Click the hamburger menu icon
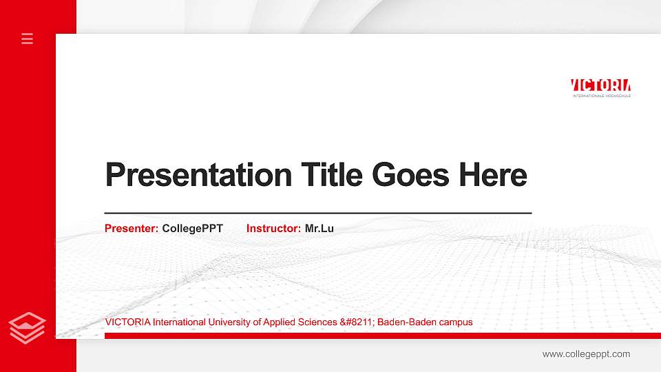[x=28, y=39]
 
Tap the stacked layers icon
[x=28, y=327]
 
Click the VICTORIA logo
[x=600, y=85]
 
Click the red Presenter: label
[x=132, y=228]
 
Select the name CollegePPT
[x=193, y=228]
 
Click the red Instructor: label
[x=273, y=228]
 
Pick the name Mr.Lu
[x=319, y=228]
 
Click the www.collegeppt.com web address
[x=586, y=354]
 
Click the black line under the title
[x=317, y=214]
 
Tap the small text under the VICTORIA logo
[x=601, y=96]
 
